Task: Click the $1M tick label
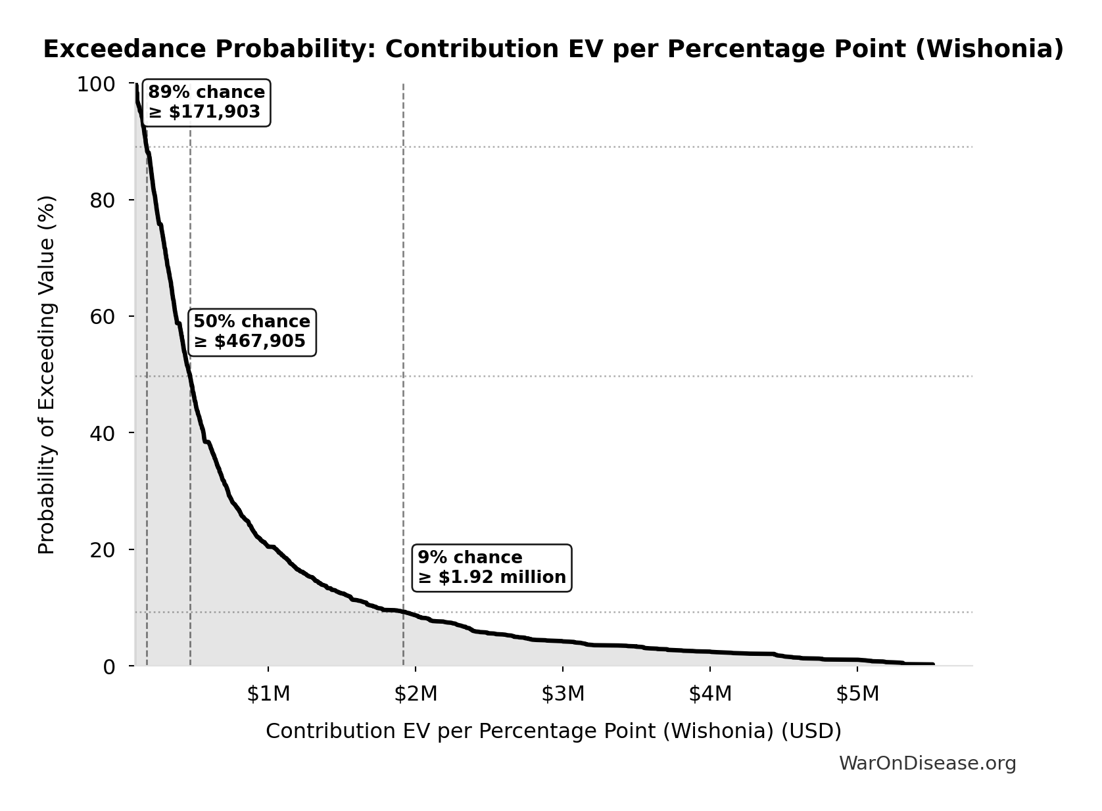point(268,694)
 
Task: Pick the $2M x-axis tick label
point(416,694)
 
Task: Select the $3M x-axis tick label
point(563,694)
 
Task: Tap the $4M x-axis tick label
point(710,694)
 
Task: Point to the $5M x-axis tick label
point(857,694)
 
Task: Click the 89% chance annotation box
point(206,103)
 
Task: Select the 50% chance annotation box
point(252,332)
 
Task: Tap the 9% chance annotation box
point(491,568)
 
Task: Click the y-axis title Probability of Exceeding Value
point(47,375)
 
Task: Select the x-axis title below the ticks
point(553,731)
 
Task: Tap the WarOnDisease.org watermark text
point(927,764)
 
